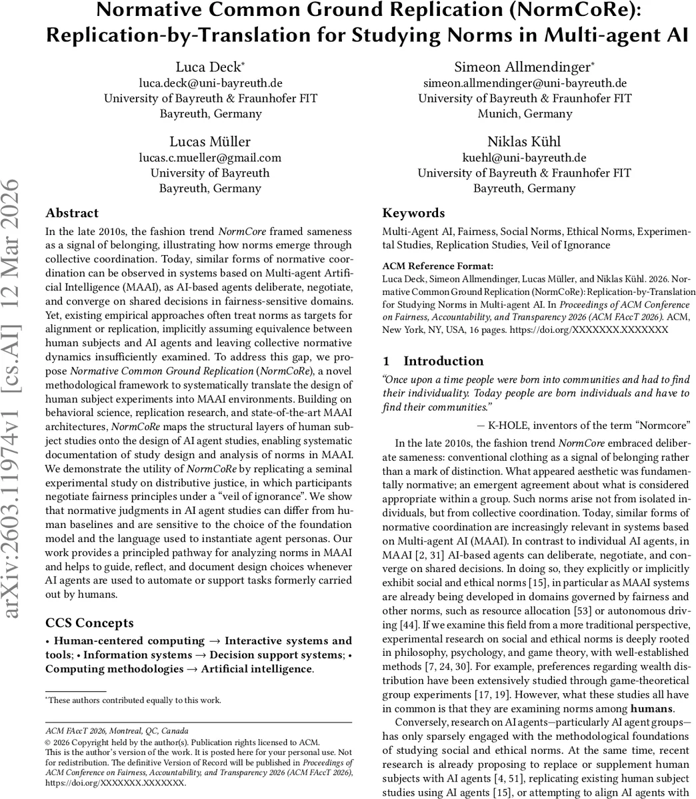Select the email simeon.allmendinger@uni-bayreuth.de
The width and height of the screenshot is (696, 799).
[x=525, y=83]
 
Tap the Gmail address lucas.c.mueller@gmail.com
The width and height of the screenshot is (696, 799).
[x=210, y=158]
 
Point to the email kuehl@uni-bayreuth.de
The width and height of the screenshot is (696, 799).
[x=525, y=158]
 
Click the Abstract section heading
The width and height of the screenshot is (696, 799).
[x=72, y=213]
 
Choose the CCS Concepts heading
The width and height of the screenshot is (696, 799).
[x=89, y=623]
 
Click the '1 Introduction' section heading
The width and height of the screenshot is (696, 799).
[x=433, y=361]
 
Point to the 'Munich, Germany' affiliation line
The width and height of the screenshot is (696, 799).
[x=525, y=114]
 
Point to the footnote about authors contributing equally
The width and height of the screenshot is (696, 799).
[x=133, y=700]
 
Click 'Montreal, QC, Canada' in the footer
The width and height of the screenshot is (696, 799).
[x=150, y=730]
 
